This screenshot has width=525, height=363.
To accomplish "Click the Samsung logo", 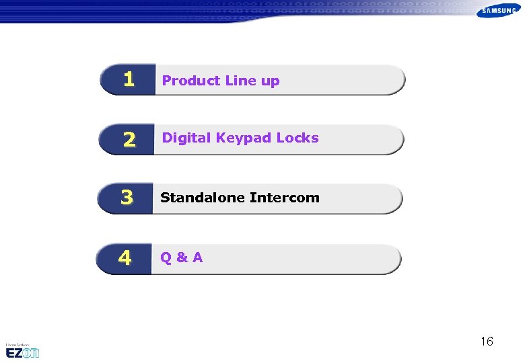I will coord(499,11).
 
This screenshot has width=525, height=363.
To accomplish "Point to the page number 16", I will coord(487,341).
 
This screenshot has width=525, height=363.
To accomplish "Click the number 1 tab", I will coord(128,80).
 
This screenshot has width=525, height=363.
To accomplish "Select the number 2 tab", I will coord(128,139).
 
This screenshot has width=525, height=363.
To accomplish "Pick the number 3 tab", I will coord(127,198).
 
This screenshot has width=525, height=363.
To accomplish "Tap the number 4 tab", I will coord(125,258).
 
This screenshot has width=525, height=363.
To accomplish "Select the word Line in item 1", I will coord(240,81).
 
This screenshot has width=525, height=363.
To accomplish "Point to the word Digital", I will coord(186,138).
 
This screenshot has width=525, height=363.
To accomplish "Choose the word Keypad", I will coord(243,138).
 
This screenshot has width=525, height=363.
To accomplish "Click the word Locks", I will coord(297,138).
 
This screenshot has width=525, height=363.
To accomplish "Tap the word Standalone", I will coord(202,198).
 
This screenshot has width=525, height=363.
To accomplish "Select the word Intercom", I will coord(285,198).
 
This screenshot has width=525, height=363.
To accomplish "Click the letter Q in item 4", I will coord(166,257).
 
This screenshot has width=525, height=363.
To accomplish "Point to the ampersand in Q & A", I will coord(181,257).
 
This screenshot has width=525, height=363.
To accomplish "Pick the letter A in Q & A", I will coord(197,257).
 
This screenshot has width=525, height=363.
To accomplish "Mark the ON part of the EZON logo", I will coord(31,353).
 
